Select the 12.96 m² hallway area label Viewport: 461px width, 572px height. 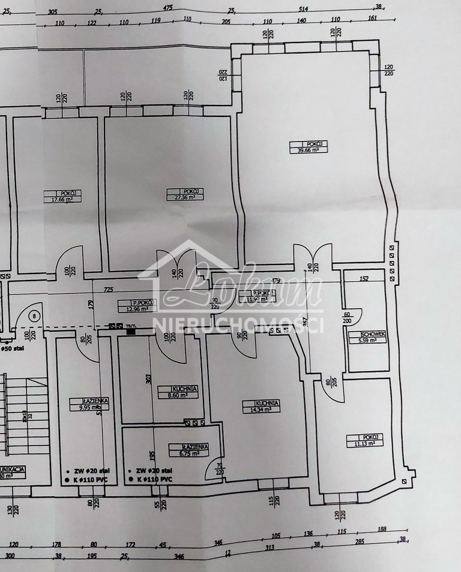[x=136, y=310]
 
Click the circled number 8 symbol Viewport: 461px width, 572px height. [x=34, y=315]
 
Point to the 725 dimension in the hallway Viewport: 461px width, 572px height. [x=108, y=290]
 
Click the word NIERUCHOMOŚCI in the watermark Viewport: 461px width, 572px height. [x=239, y=324]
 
